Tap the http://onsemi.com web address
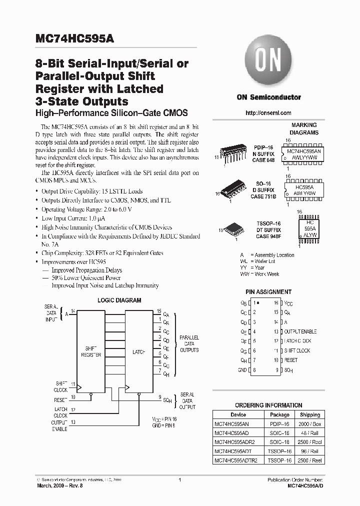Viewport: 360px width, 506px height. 268,113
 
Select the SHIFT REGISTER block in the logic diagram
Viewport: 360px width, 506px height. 91,351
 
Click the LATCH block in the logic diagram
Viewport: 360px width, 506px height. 138,352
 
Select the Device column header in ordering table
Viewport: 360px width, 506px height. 238,414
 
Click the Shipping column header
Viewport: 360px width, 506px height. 310,414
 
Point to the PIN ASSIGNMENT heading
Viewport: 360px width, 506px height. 268,291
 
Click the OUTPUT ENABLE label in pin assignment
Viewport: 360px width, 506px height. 300,331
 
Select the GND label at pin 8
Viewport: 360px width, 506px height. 242,370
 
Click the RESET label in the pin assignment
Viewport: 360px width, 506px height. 291,360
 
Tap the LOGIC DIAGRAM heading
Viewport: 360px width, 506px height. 119,300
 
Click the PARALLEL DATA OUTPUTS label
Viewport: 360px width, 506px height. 189,344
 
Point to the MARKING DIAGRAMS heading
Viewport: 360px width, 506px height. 303,129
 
